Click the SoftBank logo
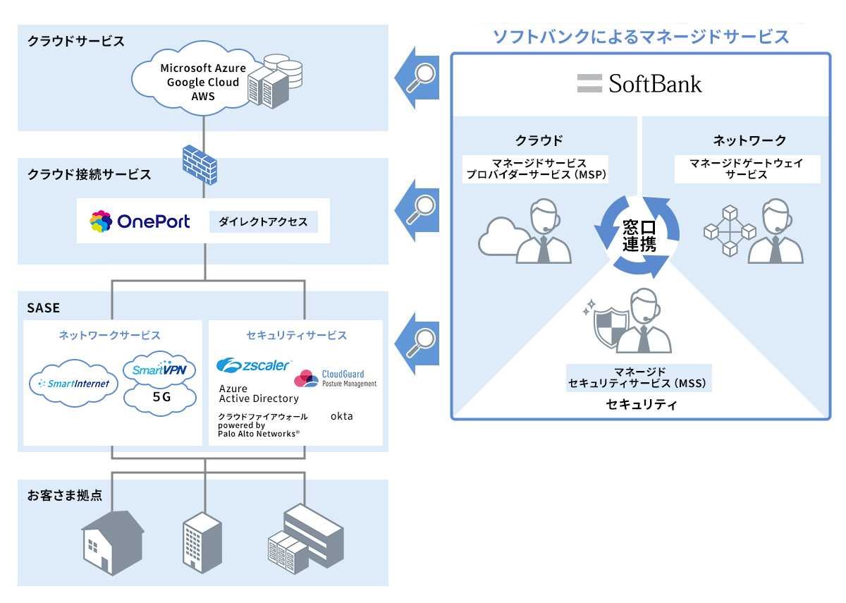[x=639, y=84]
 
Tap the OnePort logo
[x=140, y=221]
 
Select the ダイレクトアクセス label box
[x=263, y=221]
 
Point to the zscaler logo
[x=253, y=365]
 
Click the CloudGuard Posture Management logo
[x=335, y=379]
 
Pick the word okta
[x=342, y=416]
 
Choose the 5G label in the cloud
[x=161, y=396]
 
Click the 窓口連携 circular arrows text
[x=639, y=236]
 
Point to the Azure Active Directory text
[x=258, y=394]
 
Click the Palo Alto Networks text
[x=258, y=434]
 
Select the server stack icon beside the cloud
[x=277, y=81]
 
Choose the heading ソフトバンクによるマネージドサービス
[x=640, y=37]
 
